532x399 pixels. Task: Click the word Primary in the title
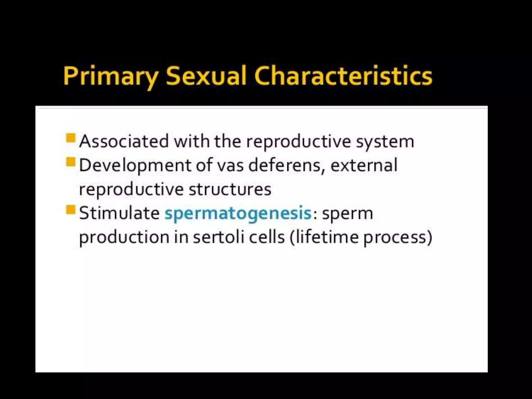point(110,76)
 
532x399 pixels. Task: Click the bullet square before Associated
point(71,138)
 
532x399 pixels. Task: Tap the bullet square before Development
point(71,162)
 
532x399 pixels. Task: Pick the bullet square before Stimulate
point(71,210)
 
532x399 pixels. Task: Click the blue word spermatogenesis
point(238,214)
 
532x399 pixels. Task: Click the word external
point(364,165)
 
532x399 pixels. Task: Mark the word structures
point(230,189)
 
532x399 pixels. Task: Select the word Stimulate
point(119,213)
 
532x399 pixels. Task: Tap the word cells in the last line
point(267,237)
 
